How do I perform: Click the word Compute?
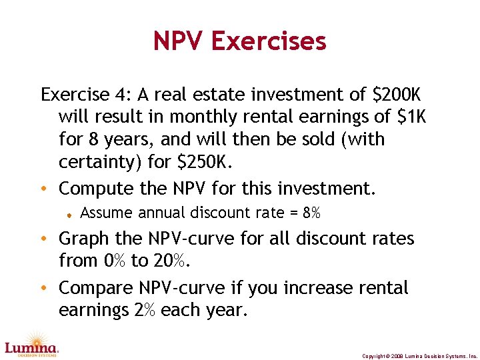101,189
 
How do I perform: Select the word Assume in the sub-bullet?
106,213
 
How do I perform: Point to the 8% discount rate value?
311,213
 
